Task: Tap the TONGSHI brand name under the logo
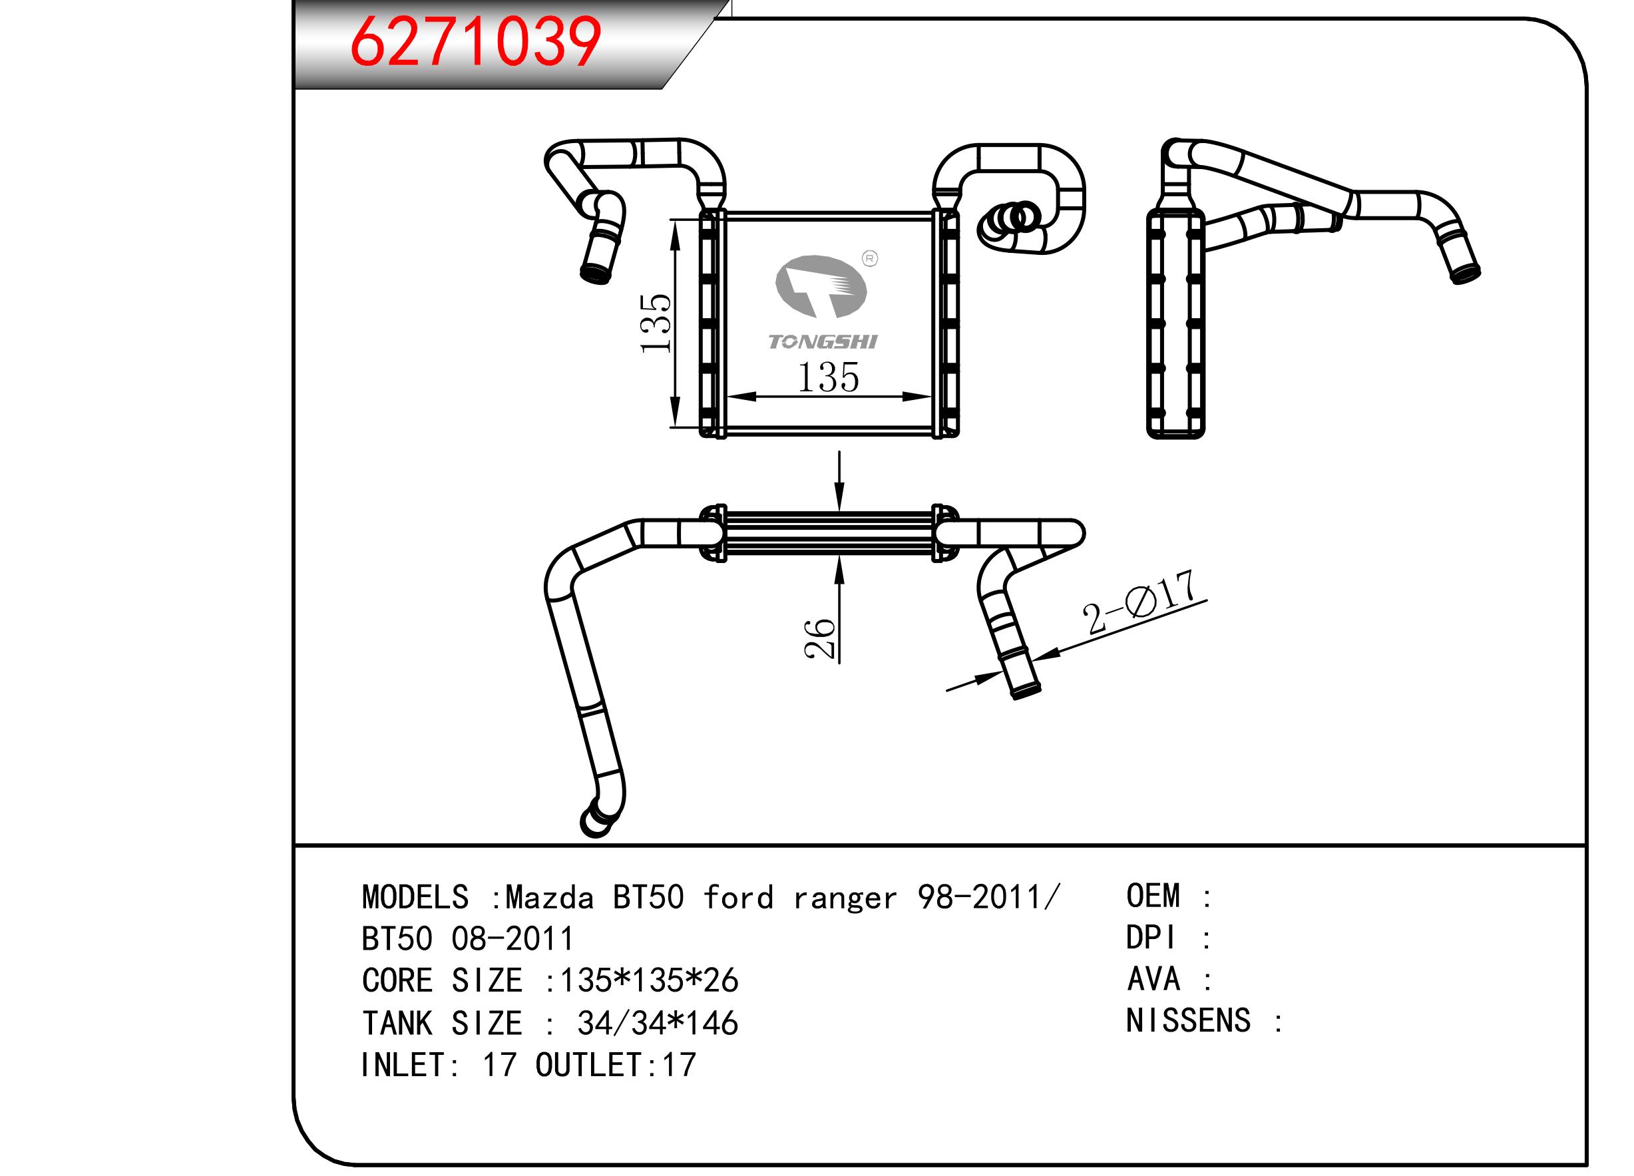pos(822,341)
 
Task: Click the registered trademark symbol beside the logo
pos(870,259)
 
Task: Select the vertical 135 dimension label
pos(656,323)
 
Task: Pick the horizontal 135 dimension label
pos(828,377)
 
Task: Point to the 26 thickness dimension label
pos(820,638)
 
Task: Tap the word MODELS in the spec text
pos(415,898)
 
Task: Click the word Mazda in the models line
pos(549,898)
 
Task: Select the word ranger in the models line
pos(845,898)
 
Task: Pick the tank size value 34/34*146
pos(657,1023)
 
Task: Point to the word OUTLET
pos(588,1065)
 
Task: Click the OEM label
pos(1153,896)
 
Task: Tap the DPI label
pos(1151,938)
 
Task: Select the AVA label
pos(1153,979)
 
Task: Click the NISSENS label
pos(1188,1021)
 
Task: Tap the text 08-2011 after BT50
pos(512,939)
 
